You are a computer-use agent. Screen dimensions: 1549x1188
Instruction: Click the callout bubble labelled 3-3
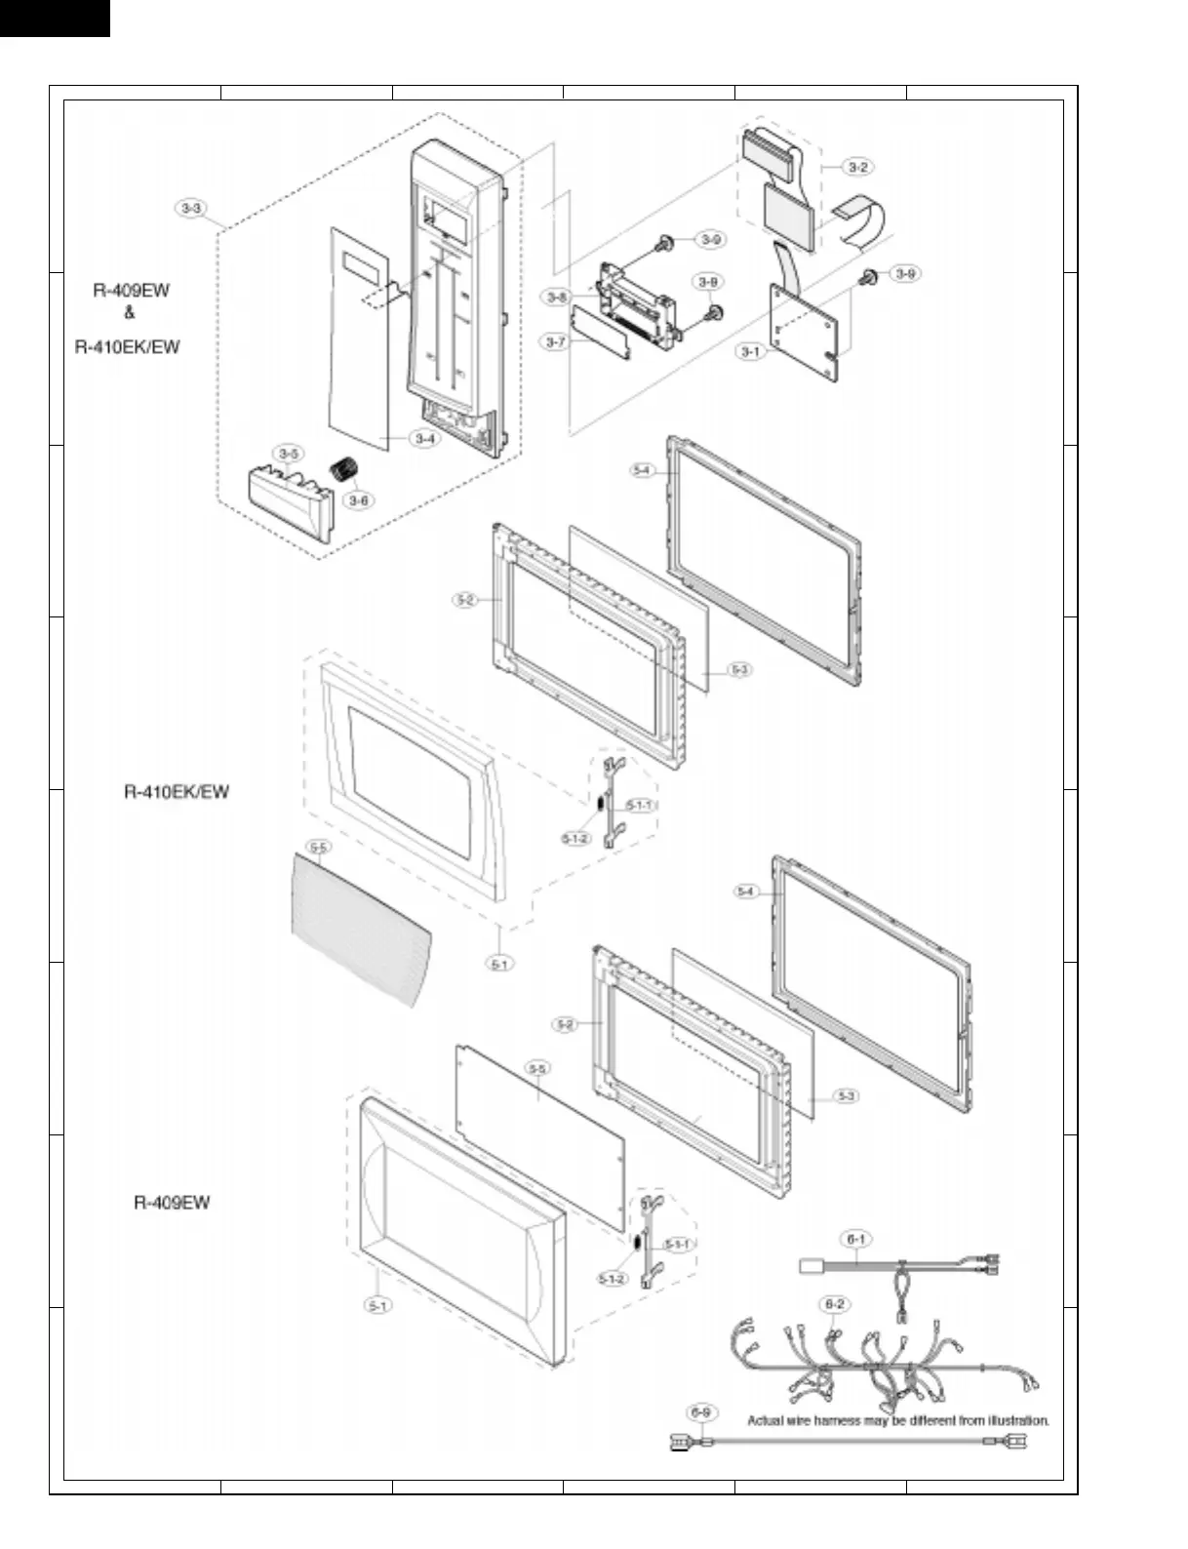191,208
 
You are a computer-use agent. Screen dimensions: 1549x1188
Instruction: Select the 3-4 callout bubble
424,439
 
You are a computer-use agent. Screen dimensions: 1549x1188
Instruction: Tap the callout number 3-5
289,454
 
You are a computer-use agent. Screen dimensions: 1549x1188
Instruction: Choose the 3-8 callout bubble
557,298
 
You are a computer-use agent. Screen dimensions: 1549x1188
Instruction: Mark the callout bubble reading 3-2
857,167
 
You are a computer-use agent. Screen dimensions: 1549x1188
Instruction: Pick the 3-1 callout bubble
750,351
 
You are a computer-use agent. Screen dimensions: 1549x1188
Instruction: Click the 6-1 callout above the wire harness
855,1239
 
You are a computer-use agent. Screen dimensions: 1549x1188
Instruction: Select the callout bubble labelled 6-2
834,1303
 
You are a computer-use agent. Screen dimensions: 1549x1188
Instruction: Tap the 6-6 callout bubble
699,1411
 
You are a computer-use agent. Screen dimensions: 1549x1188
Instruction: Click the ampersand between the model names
130,313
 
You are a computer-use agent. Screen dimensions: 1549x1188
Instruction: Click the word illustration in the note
1013,1420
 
